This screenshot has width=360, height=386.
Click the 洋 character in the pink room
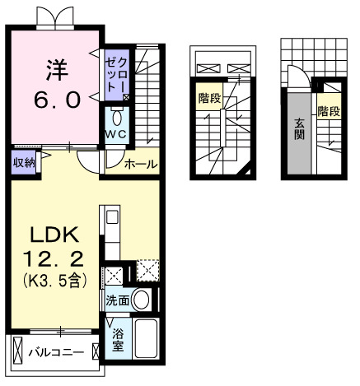[x=55, y=67]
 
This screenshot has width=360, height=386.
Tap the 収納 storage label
[x=24, y=162]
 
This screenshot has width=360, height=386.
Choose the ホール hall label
[x=140, y=165]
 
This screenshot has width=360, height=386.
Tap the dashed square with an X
[x=148, y=271]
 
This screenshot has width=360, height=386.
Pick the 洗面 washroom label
[x=117, y=300]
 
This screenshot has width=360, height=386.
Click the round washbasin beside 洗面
[x=142, y=300]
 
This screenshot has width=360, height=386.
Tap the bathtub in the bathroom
[x=147, y=340]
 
